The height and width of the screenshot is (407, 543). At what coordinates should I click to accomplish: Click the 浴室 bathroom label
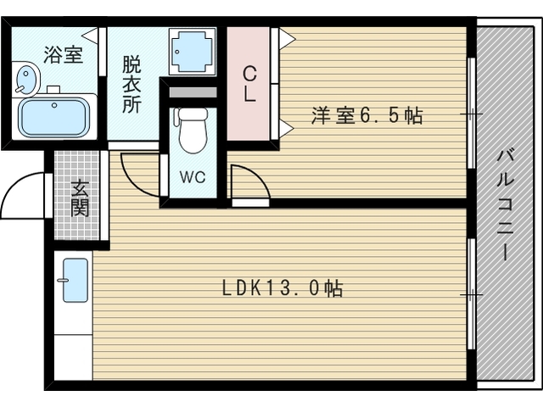(x=63, y=55)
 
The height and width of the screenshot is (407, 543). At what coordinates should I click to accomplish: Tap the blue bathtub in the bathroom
(x=54, y=118)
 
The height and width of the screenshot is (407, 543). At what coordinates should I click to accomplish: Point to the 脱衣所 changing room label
(x=131, y=83)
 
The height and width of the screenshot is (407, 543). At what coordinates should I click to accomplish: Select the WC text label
(x=191, y=178)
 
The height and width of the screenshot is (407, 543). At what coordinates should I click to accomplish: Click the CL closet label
(x=249, y=83)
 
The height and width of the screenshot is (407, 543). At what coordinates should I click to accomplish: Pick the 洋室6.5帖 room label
(x=367, y=116)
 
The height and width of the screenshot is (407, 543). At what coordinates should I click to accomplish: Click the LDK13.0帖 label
(x=283, y=288)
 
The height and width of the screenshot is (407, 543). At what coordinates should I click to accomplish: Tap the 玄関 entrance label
(x=80, y=198)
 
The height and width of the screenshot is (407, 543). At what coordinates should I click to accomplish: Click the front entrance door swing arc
(x=24, y=191)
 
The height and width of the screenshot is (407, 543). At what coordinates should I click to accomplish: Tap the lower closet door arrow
(x=286, y=128)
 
